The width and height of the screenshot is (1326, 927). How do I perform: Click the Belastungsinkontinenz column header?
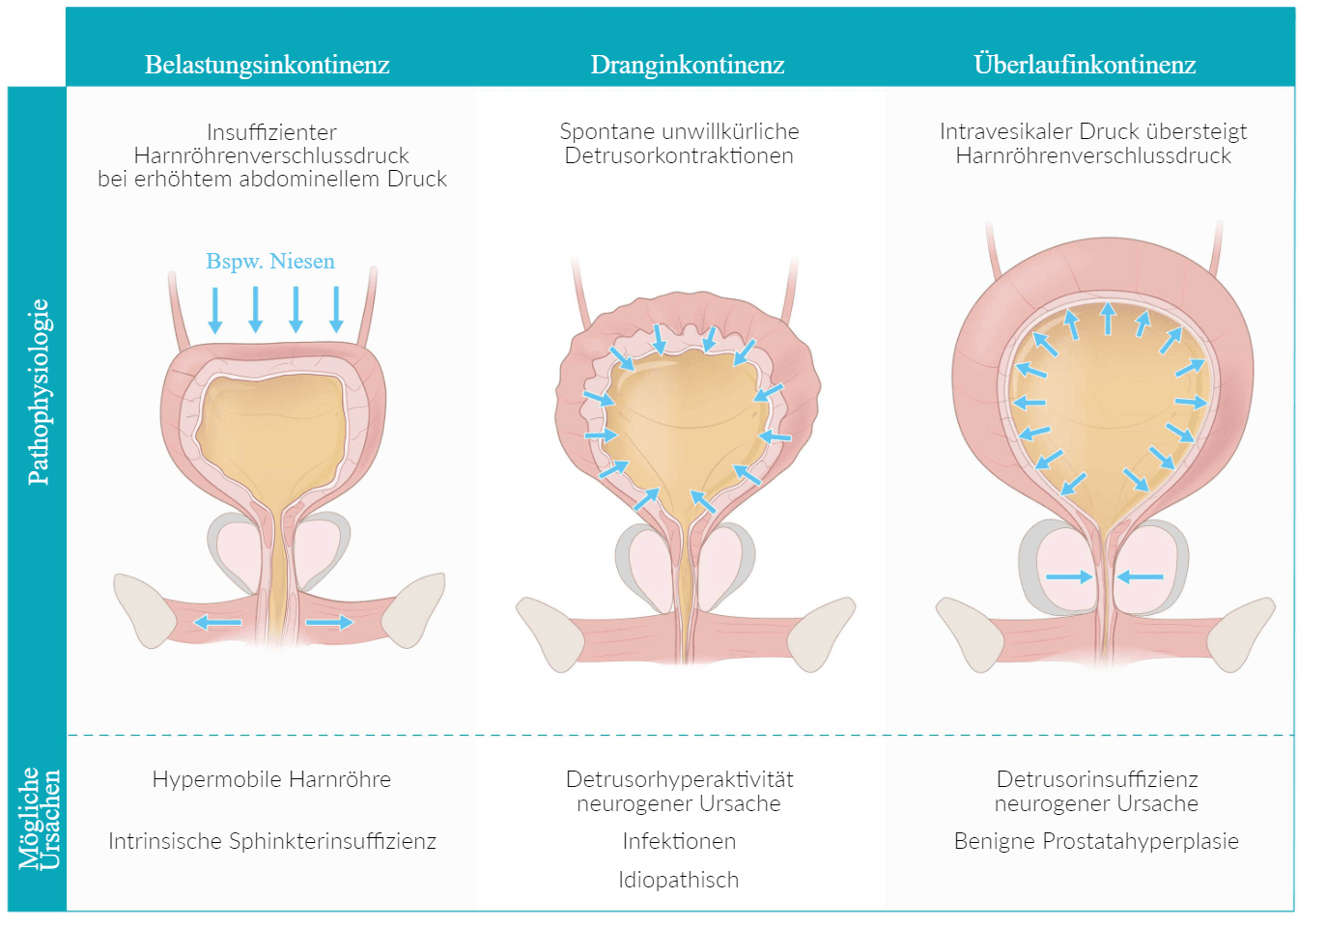coord(267,65)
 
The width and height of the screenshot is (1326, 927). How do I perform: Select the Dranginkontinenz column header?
coord(687,65)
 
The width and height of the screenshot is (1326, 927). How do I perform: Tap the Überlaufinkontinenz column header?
coord(1085,65)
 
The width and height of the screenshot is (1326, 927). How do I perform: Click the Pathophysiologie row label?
coord(39,391)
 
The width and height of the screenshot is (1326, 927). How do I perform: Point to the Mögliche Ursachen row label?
coord(40,819)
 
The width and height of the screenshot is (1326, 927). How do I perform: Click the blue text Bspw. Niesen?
coord(270,261)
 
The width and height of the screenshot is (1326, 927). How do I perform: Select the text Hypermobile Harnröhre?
coord(271,779)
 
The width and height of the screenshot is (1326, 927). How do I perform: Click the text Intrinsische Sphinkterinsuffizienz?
coord(271,841)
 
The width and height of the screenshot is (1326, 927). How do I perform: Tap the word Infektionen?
coord(679,841)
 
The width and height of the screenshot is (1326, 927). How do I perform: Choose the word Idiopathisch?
coord(679,880)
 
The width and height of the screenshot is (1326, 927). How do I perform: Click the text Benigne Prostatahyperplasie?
coord(1096,841)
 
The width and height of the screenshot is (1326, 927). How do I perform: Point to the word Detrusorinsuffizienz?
coord(1097,779)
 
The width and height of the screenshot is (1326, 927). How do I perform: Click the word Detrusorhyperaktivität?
coord(679,779)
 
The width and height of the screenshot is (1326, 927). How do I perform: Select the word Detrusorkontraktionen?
coord(679,155)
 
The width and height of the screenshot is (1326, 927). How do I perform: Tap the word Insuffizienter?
coord(271,132)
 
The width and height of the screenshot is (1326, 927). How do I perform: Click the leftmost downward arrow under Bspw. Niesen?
coord(215,310)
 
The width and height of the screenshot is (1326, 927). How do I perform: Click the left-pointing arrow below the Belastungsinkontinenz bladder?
coord(217,623)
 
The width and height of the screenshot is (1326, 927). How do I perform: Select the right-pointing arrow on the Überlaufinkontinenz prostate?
coord(1069,577)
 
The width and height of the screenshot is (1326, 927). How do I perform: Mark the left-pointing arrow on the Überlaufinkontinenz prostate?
coord(1141,577)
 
